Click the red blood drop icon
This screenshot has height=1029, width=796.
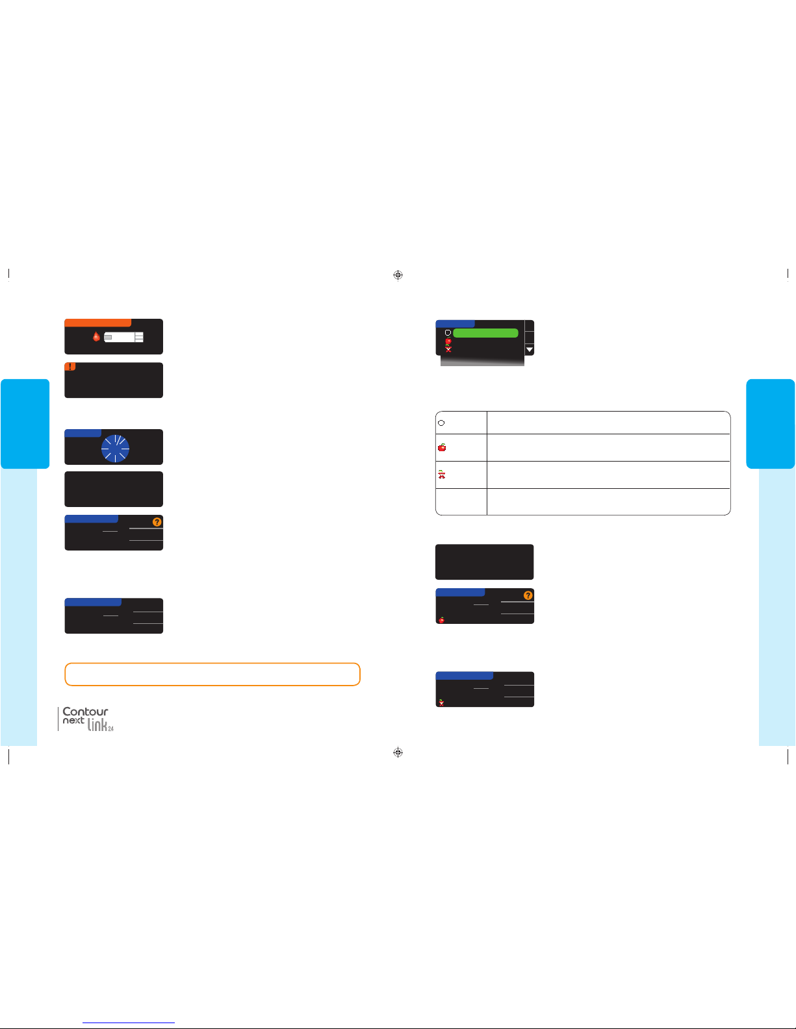pos(96,337)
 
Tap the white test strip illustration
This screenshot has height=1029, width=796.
pos(123,337)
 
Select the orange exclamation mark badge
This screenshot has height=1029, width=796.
pos(70,367)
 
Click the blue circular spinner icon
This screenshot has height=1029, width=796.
pos(115,448)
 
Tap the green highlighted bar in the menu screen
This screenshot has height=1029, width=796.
pos(485,333)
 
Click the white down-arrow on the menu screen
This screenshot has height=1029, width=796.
pos(530,349)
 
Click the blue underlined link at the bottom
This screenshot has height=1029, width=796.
pos(129,1023)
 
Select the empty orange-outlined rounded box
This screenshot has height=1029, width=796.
pos(212,674)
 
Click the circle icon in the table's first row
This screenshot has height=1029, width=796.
pos(441,423)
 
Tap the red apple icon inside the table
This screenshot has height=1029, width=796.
pos(442,447)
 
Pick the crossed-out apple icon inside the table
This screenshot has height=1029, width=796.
pos(442,474)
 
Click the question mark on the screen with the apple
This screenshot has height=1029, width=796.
pos(528,595)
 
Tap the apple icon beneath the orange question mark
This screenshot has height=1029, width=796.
pos(442,620)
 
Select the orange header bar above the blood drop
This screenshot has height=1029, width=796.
pos(97,323)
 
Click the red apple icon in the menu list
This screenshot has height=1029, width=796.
pos(448,341)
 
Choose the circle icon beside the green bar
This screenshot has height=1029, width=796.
pos(448,333)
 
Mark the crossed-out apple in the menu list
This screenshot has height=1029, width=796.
pos(448,349)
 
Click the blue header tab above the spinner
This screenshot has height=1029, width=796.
pos(83,433)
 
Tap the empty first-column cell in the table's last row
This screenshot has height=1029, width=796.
pos(461,501)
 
